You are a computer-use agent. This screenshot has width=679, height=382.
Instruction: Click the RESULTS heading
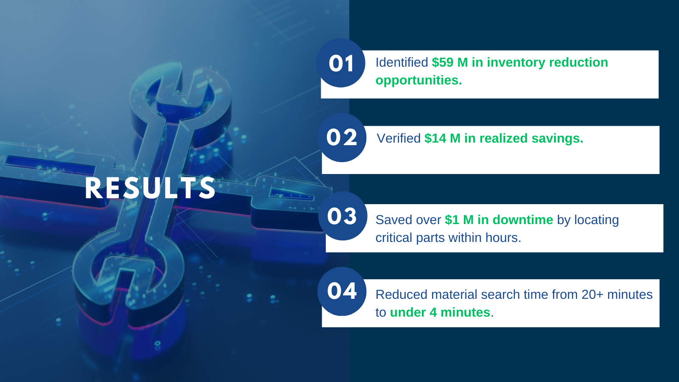click(x=150, y=188)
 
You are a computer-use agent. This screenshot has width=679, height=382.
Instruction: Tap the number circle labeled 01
click(x=341, y=63)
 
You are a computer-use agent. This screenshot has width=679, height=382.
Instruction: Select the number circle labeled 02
click(x=342, y=138)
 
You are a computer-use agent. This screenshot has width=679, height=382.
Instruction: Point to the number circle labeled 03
click(x=342, y=216)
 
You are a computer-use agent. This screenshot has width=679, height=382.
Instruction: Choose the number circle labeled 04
click(x=342, y=291)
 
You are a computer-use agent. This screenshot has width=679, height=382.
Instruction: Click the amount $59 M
click(x=449, y=62)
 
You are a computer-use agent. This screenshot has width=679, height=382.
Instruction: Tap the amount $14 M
click(x=442, y=138)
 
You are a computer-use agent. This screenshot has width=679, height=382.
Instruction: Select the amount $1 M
click(x=459, y=220)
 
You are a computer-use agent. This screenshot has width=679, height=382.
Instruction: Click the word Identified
click(x=401, y=62)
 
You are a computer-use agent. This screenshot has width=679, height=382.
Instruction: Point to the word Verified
click(x=398, y=138)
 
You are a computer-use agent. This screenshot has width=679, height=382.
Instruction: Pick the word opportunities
click(x=418, y=80)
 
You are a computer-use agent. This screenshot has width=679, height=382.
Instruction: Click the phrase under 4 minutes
click(x=440, y=312)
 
